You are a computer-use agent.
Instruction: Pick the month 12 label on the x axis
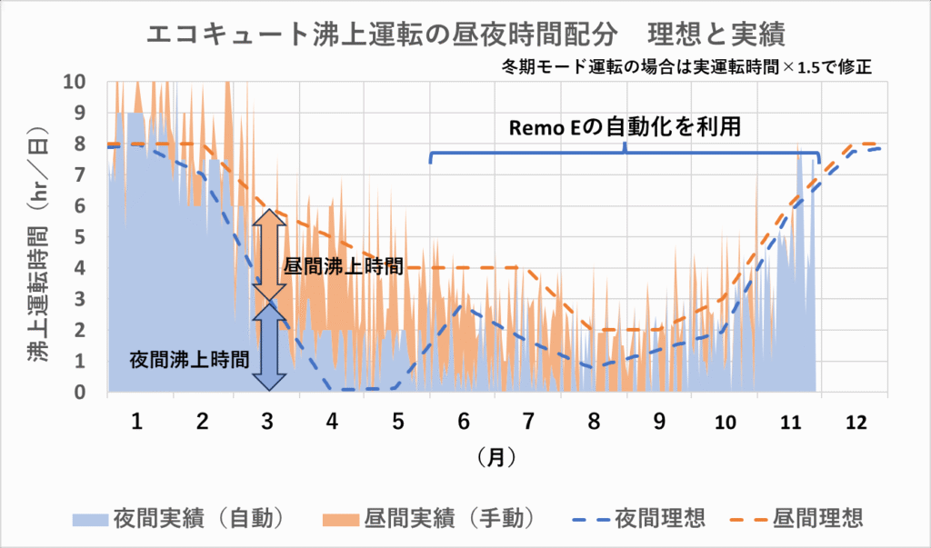tap(856, 422)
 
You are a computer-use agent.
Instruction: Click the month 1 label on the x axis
tap(137, 422)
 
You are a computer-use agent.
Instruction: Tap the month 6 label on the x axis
tap(463, 422)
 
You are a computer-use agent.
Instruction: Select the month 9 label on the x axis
tap(659, 422)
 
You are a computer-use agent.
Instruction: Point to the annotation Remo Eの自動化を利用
tap(625, 128)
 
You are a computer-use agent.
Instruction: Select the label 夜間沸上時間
tap(190, 358)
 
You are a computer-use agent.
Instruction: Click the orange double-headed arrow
tap(265, 254)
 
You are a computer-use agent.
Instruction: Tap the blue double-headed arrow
tap(265, 346)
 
